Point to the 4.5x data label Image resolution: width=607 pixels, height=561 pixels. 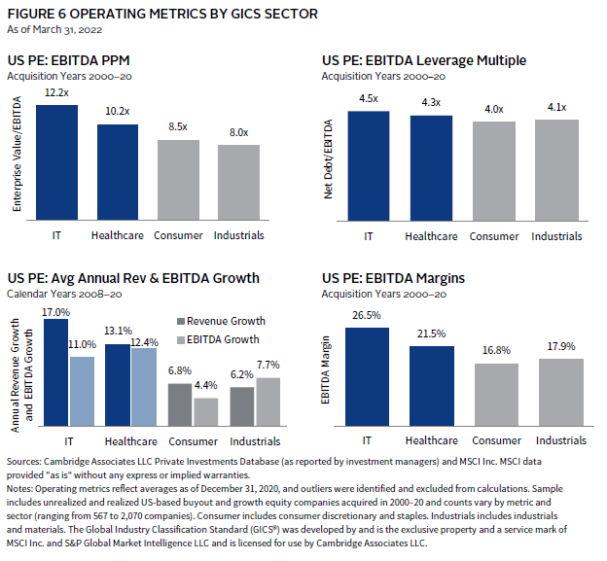click(368, 98)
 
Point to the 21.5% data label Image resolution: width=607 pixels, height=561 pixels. click(431, 334)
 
